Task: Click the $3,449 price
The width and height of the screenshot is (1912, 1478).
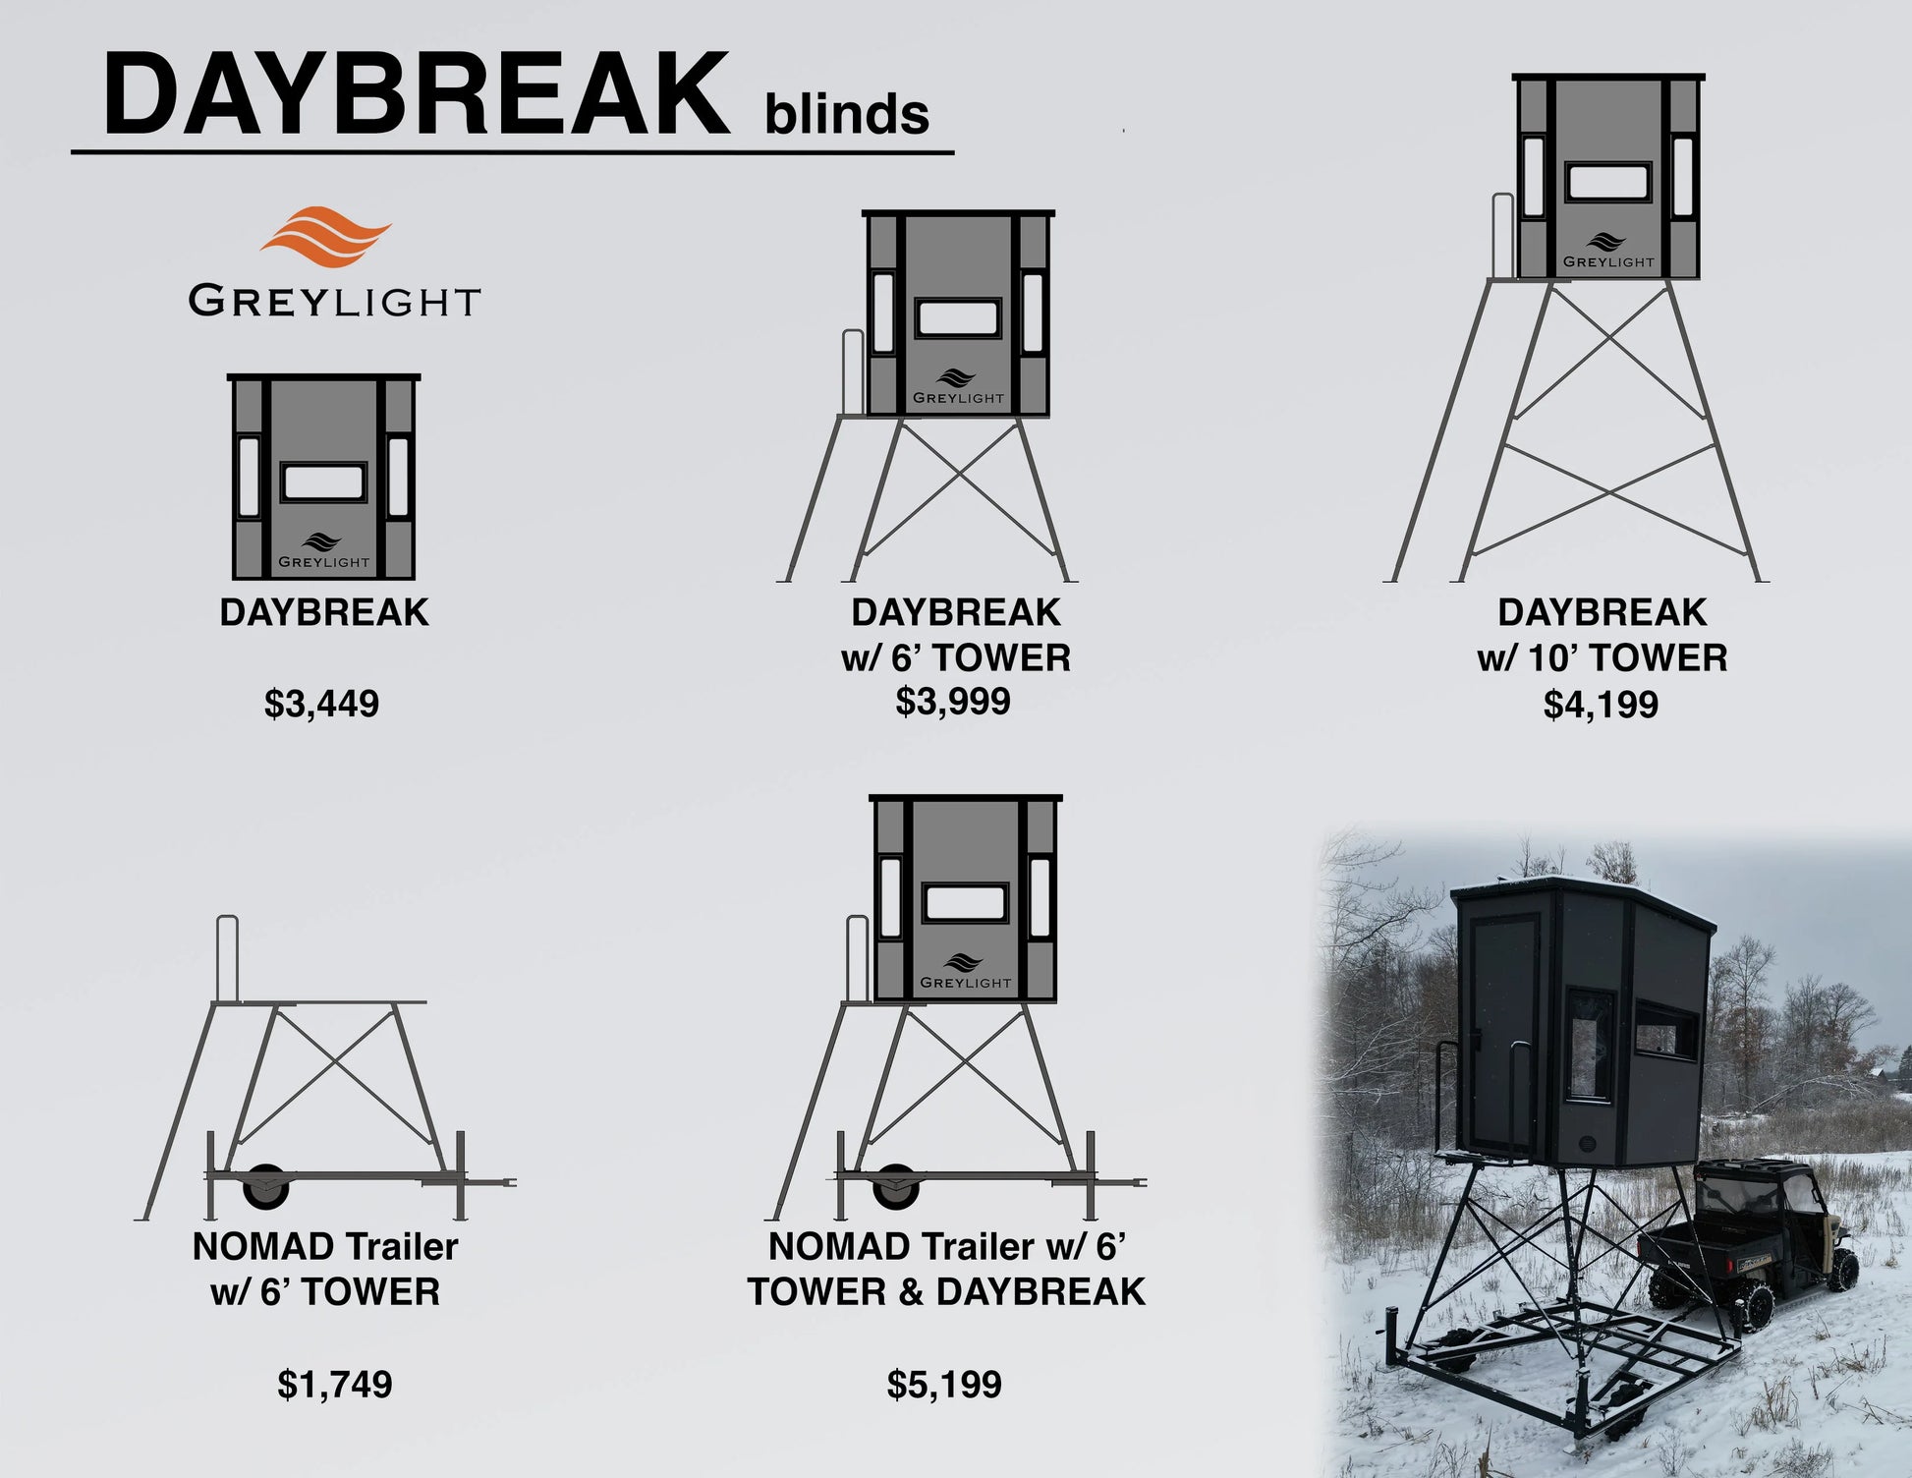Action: (321, 705)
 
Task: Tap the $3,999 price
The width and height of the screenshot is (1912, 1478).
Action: (953, 701)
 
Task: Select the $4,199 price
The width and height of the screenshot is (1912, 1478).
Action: (1602, 705)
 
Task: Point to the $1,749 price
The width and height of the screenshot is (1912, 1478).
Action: (335, 1385)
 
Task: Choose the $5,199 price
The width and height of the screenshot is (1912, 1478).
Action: (944, 1385)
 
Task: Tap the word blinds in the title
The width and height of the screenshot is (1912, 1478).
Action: (846, 114)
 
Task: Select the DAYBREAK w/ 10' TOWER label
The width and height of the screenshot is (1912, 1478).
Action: (1603, 635)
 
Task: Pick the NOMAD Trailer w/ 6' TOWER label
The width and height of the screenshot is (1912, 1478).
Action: (325, 1269)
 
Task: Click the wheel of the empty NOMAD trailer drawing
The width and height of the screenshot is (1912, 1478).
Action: (265, 1186)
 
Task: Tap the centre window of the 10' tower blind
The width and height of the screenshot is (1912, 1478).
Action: (1608, 184)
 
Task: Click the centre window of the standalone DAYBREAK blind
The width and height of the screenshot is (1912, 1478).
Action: (322, 483)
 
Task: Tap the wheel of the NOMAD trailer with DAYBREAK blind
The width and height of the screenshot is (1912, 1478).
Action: (896, 1186)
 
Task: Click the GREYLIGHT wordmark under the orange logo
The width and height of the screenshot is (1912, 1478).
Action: (334, 301)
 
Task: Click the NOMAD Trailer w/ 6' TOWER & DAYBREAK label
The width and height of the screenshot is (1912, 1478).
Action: (946, 1269)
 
